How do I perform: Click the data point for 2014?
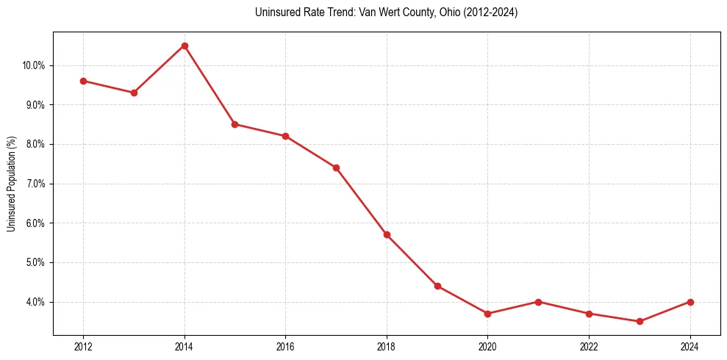tap(185, 46)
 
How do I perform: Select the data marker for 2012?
tap(83, 81)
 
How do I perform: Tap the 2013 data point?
tap(134, 93)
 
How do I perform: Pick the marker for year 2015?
tap(234, 124)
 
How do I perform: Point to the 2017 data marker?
tap(336, 168)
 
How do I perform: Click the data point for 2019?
tap(437, 286)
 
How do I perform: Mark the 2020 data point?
tap(487, 314)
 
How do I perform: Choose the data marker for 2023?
tap(640, 321)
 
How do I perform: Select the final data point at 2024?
tap(690, 302)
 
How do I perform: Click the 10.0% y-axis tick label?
tap(34, 65)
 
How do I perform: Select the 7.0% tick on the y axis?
tap(35, 184)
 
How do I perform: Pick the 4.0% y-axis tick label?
tap(35, 302)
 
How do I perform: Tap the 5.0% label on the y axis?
tap(35, 262)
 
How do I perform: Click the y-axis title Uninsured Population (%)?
tap(12, 184)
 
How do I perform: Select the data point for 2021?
tap(538, 302)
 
